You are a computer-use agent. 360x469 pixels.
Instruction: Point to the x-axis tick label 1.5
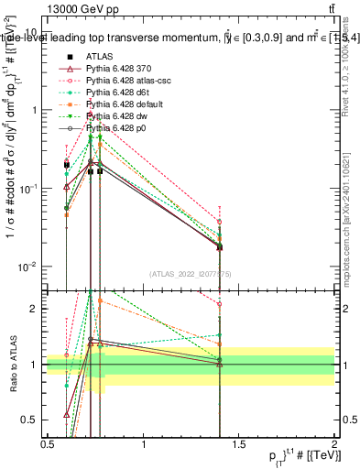coord(239,444)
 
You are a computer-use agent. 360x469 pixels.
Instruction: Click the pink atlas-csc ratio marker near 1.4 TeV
coord(220,304)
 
